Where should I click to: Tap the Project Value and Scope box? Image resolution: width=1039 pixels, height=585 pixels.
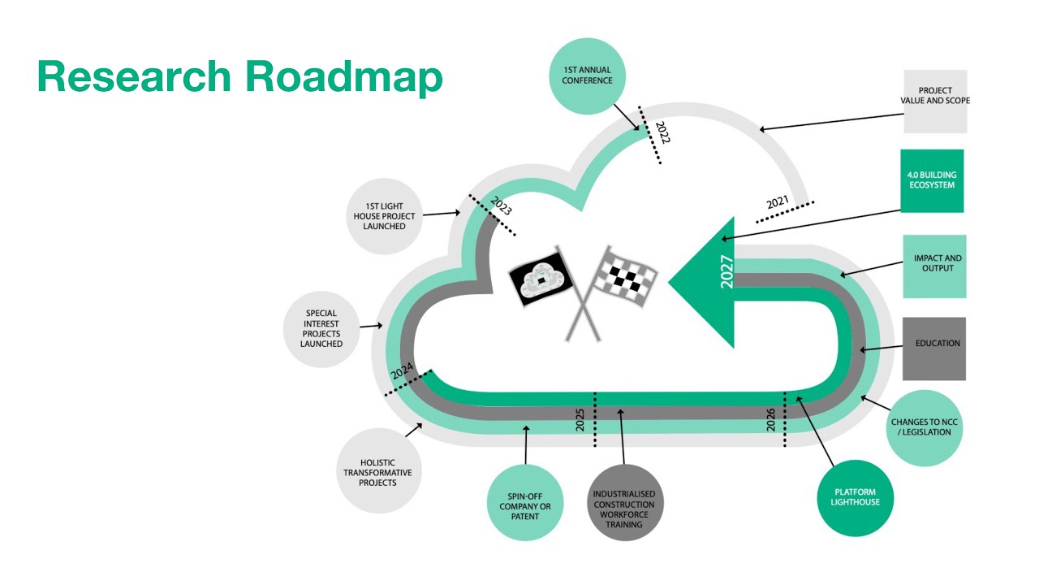coord(935,101)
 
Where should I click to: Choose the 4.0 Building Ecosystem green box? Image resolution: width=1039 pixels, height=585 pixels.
coord(932,180)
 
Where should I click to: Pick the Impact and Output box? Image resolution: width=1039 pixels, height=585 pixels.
coord(934,266)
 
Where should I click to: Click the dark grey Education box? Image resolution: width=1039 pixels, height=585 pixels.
coord(934,348)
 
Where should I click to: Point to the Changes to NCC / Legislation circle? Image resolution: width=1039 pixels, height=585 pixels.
coord(925,428)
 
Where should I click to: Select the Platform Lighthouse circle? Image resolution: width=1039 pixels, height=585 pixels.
coord(854,497)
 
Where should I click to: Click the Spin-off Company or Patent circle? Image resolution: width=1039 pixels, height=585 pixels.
coord(525,502)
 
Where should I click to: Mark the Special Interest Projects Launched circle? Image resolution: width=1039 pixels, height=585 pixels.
coord(321,328)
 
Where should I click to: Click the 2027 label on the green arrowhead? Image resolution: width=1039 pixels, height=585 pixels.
coord(726,273)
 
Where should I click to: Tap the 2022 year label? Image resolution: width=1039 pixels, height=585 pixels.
coord(662,132)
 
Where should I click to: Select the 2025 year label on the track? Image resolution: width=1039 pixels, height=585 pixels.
coord(580,419)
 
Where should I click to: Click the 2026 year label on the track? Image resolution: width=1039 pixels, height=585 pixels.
coord(771,419)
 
